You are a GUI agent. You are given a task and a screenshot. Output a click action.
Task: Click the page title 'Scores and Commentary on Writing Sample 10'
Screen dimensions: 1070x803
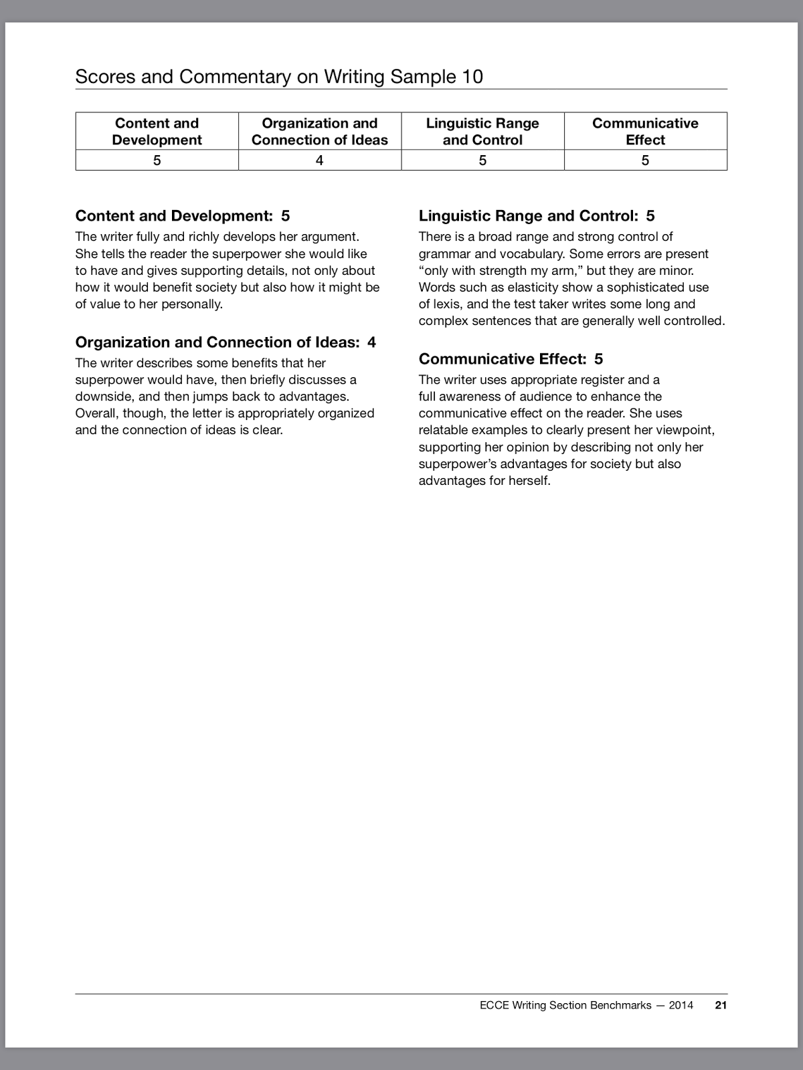[x=278, y=76]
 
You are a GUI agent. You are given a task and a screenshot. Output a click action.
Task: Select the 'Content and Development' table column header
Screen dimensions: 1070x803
[x=157, y=131]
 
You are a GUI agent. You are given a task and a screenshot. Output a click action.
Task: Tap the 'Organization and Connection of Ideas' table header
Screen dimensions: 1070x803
[x=319, y=131]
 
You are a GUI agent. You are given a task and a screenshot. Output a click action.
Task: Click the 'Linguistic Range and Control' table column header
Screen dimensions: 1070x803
[x=482, y=131]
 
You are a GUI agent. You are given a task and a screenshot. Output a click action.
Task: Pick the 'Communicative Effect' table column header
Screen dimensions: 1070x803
[x=645, y=131]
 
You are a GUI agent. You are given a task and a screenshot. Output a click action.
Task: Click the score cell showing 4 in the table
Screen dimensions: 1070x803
[x=319, y=160]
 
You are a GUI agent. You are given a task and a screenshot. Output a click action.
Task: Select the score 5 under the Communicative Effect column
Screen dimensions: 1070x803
[x=645, y=160]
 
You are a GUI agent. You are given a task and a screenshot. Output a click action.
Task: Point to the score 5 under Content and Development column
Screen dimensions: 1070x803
[x=157, y=160]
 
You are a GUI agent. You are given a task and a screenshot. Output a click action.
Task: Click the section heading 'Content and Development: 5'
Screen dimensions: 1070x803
[x=182, y=215]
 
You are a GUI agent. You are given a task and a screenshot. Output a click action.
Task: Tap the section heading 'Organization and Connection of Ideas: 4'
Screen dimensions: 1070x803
[x=226, y=342]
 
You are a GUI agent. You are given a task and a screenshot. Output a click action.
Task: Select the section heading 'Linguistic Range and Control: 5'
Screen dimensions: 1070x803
[x=536, y=215]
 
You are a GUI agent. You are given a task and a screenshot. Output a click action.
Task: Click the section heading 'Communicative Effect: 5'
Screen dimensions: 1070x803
[x=511, y=358]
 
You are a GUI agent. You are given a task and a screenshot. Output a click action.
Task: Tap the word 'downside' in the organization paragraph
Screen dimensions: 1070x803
[x=104, y=396]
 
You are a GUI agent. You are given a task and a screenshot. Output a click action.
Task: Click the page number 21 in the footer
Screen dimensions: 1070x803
[x=720, y=1004]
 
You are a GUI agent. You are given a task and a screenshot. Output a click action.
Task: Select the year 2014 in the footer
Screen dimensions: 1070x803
[x=681, y=1004]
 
